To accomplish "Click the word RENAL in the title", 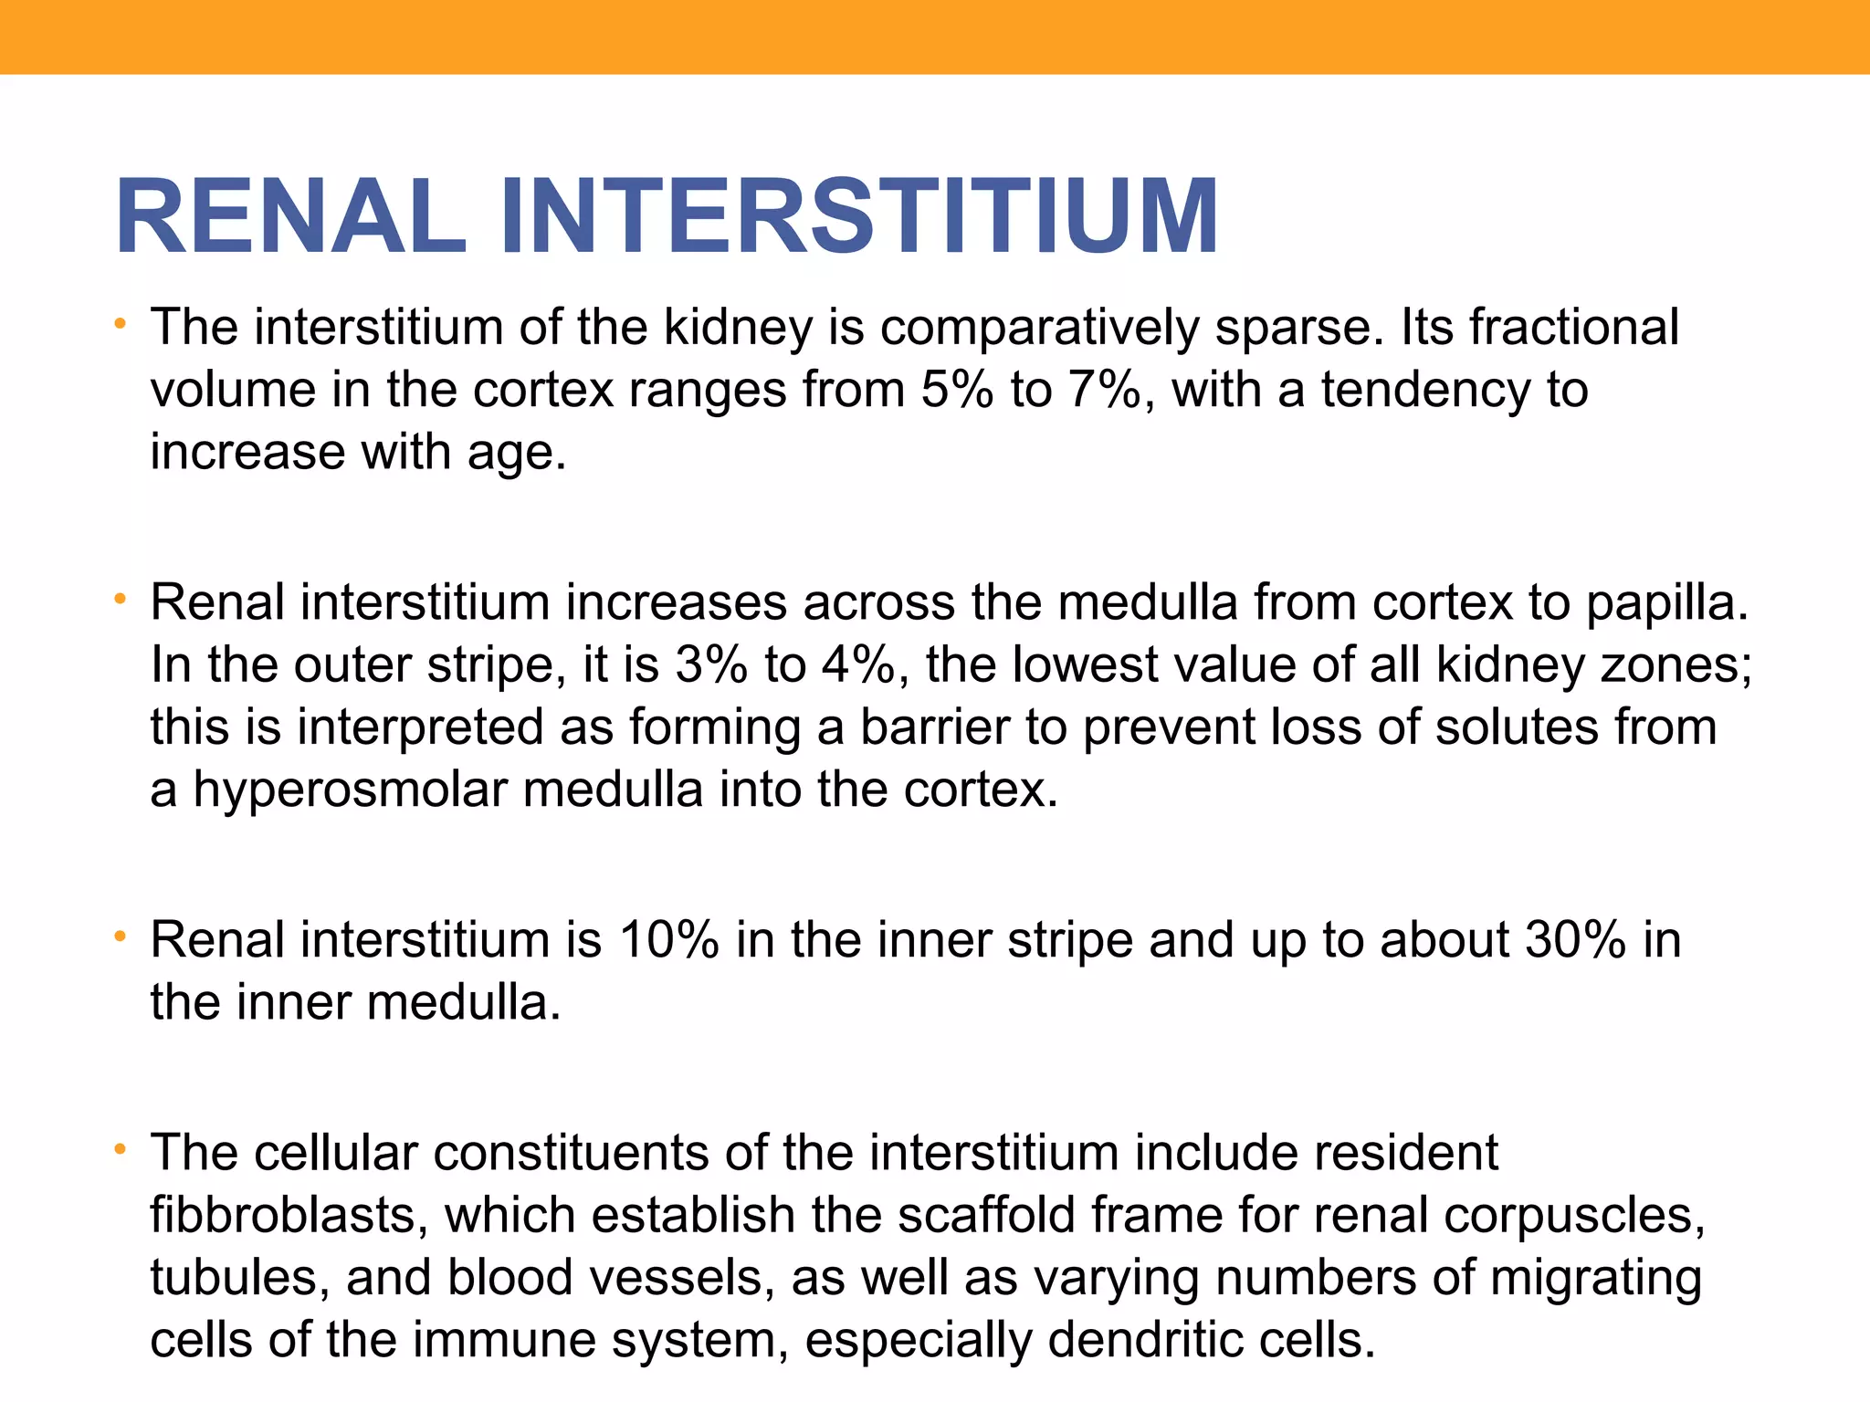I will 290,217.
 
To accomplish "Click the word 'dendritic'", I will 1145,1340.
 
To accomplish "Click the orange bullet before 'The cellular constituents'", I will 119,1151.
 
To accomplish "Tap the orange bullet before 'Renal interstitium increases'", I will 119,601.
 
